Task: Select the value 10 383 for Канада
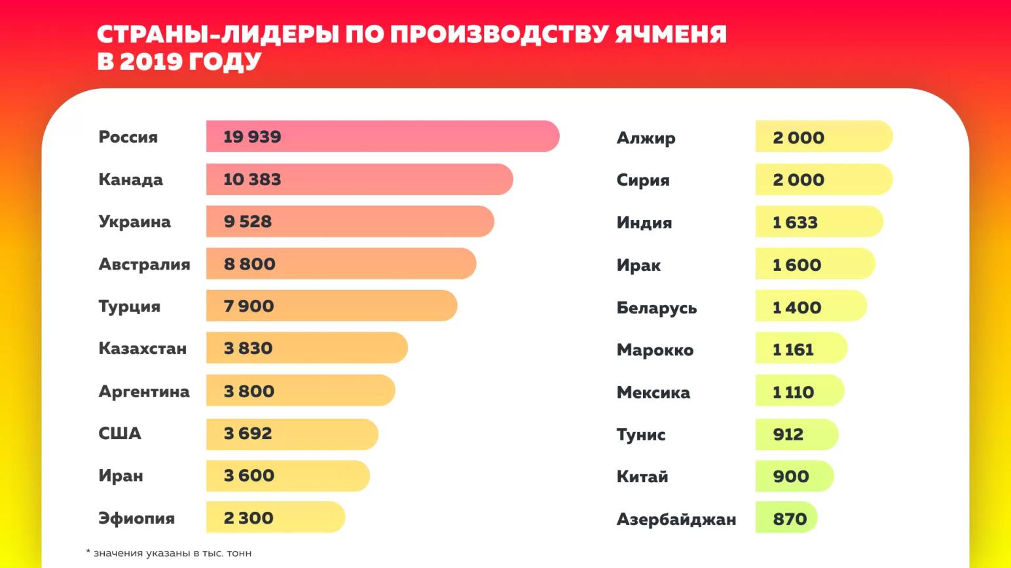[252, 179]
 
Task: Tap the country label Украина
[134, 222]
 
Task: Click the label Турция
[129, 306]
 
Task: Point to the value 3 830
[248, 348]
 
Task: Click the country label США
[120, 433]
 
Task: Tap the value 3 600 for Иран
[249, 476]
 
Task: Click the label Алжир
[646, 137]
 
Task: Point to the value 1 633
[795, 222]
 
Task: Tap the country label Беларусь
[656, 308]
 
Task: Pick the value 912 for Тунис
[788, 435]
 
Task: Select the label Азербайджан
[676, 520]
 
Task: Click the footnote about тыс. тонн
[169, 553]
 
